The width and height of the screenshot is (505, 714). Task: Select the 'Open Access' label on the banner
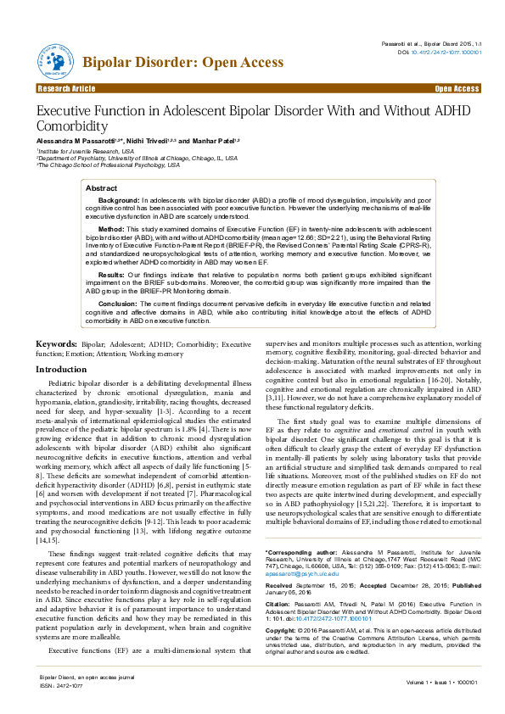pyautogui.click(x=457, y=89)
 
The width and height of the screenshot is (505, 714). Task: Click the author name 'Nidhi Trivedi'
pyautogui.click(x=143, y=139)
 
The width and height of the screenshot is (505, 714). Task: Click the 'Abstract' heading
pyautogui.click(x=102, y=187)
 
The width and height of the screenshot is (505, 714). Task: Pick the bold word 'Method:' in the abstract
pyautogui.click(x=111, y=229)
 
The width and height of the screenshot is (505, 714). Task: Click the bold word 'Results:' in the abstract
pyautogui.click(x=112, y=274)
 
